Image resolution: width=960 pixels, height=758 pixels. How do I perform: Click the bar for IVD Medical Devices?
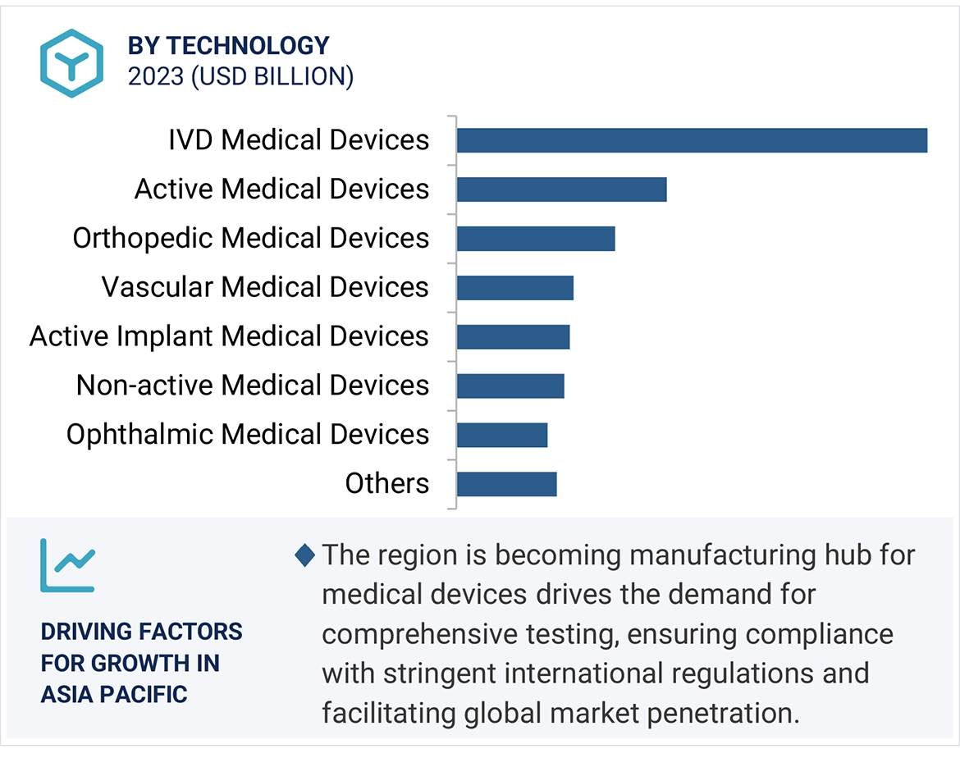click(692, 140)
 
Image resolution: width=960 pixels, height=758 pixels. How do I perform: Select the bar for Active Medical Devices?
click(561, 189)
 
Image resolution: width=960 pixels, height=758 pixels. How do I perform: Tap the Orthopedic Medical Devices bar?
click(536, 239)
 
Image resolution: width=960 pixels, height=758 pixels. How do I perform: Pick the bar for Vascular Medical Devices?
click(514, 288)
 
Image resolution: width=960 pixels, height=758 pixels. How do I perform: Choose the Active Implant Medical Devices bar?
click(513, 337)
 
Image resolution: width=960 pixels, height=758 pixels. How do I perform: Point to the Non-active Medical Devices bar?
click(510, 386)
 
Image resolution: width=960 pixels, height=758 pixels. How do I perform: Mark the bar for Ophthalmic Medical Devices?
click(501, 435)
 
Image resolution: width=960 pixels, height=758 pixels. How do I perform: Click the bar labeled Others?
click(506, 484)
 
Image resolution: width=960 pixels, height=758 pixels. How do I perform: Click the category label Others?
click(386, 483)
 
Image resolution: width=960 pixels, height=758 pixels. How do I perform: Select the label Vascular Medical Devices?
click(265, 287)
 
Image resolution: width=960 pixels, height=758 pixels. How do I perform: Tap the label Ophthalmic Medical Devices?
click(248, 434)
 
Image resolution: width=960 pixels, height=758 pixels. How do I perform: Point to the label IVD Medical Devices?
click(299, 139)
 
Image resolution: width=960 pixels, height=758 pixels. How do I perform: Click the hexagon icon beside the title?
click(72, 63)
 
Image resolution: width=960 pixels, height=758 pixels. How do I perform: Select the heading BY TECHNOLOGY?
click(228, 46)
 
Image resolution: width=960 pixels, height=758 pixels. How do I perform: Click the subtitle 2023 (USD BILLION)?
click(240, 76)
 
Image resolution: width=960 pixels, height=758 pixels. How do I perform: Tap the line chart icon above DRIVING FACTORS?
click(67, 565)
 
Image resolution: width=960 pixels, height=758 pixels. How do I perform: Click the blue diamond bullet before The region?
click(304, 555)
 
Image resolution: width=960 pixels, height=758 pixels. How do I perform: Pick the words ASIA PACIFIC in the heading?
click(114, 694)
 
